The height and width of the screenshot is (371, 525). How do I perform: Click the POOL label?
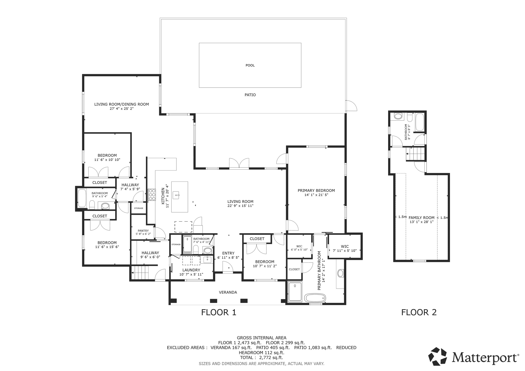coord(250,65)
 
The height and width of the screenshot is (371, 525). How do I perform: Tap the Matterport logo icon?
coord(438,356)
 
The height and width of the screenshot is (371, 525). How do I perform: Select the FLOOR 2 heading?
coord(419,312)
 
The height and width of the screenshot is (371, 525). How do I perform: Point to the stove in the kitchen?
coord(152,194)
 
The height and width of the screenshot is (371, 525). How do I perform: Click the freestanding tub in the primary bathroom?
coord(315,298)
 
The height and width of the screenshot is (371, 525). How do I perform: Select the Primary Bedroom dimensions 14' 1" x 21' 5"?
coord(316,195)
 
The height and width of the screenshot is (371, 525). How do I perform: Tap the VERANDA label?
coord(228,292)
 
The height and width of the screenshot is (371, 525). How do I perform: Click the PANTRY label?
coord(143,231)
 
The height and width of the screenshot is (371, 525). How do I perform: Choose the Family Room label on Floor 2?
coord(421,218)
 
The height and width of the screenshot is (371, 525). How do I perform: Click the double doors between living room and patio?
coord(239,164)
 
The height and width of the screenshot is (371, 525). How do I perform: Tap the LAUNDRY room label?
coord(191,270)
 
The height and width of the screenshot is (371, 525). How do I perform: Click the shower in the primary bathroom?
coord(295,292)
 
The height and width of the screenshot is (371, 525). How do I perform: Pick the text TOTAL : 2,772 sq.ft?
coord(261,358)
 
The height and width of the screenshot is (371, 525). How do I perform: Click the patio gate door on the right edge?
coord(351,106)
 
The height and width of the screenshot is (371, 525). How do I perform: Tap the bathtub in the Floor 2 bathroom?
coord(420,122)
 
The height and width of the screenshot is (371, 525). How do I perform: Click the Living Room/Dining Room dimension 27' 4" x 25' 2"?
coord(122,108)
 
